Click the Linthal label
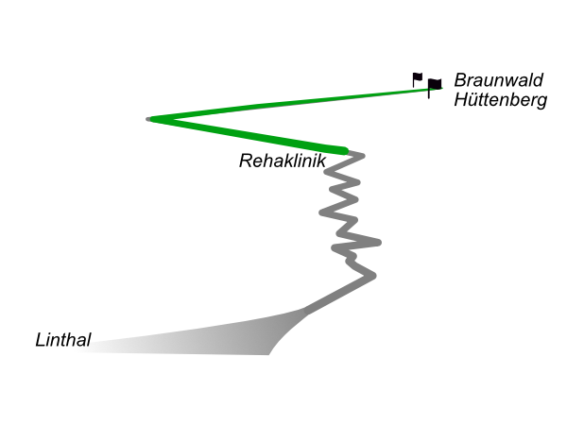pos(63,340)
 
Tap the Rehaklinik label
pos(282,161)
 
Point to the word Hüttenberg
pos(500,100)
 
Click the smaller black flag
pos(417,76)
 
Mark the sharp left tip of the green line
pos(149,119)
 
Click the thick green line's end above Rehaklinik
pos(344,149)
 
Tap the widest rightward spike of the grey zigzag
pos(378,242)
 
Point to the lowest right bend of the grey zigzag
pos(373,275)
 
